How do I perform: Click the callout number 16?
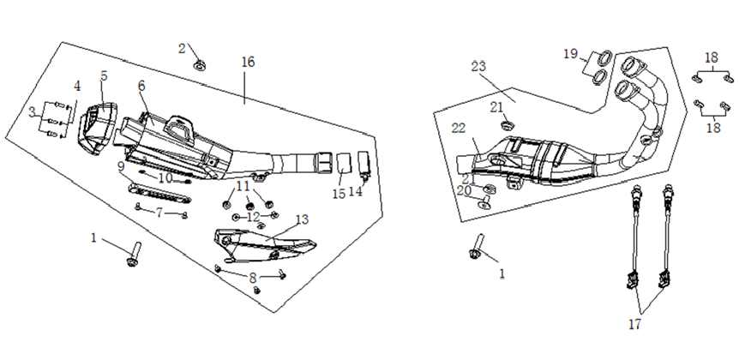click(x=248, y=62)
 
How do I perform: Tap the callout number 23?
click(x=478, y=67)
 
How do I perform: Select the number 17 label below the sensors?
click(x=635, y=324)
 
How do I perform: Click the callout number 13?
click(x=302, y=219)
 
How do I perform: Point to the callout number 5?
click(x=104, y=76)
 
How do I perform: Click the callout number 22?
click(x=459, y=129)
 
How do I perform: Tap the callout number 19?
click(x=570, y=54)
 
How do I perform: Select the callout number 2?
click(x=182, y=48)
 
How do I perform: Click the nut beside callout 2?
click(x=200, y=64)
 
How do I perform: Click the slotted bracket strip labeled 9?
click(x=159, y=193)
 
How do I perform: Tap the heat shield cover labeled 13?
click(x=264, y=244)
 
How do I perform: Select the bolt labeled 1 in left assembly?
click(x=134, y=254)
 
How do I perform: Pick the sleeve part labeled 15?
click(x=345, y=163)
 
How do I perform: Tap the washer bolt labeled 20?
click(x=484, y=201)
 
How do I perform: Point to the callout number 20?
click(x=464, y=190)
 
